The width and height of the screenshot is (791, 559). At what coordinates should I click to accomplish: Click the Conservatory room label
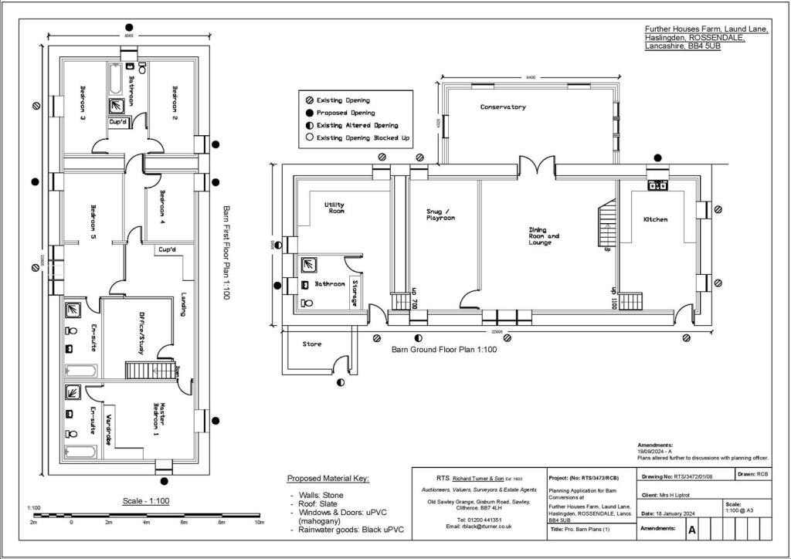point(503,107)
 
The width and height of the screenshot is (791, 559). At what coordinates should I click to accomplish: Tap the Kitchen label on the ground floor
point(655,220)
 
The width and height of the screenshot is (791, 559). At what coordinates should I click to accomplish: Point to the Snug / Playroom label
point(440,215)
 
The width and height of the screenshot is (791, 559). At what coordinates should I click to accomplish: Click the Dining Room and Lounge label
point(544,236)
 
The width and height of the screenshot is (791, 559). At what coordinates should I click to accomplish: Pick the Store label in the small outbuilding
point(311,344)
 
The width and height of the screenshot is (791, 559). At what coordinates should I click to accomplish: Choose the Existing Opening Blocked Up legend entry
point(362,138)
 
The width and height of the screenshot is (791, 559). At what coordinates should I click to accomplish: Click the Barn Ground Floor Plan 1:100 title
point(443,350)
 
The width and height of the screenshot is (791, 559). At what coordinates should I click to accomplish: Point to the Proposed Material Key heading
point(328,479)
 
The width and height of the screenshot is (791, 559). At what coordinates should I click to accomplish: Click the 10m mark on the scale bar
point(260,523)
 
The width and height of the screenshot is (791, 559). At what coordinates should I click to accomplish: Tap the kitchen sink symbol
point(658,185)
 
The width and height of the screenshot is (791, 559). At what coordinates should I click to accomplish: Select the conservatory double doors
point(537,166)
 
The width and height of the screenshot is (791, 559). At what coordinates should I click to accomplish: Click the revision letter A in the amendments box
point(691,530)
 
